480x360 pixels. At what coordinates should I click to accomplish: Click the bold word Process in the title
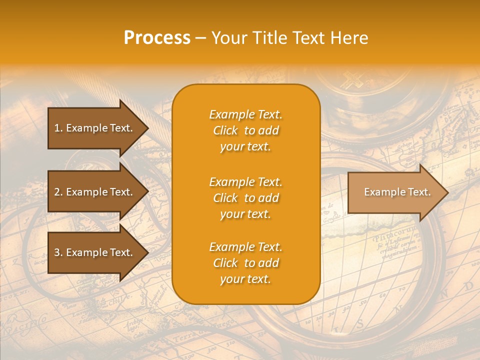(157, 38)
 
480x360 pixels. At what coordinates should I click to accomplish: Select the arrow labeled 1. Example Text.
(93, 128)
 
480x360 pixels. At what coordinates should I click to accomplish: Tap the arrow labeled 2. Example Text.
(93, 192)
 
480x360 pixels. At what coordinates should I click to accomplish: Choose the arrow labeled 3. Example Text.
(93, 252)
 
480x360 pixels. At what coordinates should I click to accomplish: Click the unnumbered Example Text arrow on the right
(397, 192)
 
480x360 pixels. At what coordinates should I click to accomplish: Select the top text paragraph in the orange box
(245, 130)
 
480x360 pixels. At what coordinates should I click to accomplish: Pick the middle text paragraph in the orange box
(245, 198)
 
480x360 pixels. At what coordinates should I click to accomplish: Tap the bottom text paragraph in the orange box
(245, 263)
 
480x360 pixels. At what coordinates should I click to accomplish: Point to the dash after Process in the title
(201, 38)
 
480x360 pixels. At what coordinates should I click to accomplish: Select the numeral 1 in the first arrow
(57, 128)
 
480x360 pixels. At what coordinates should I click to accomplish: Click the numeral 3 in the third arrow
(57, 252)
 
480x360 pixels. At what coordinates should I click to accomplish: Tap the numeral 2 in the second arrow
(57, 192)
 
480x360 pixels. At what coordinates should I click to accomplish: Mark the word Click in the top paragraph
(225, 130)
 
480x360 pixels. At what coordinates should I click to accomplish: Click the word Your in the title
(228, 38)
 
